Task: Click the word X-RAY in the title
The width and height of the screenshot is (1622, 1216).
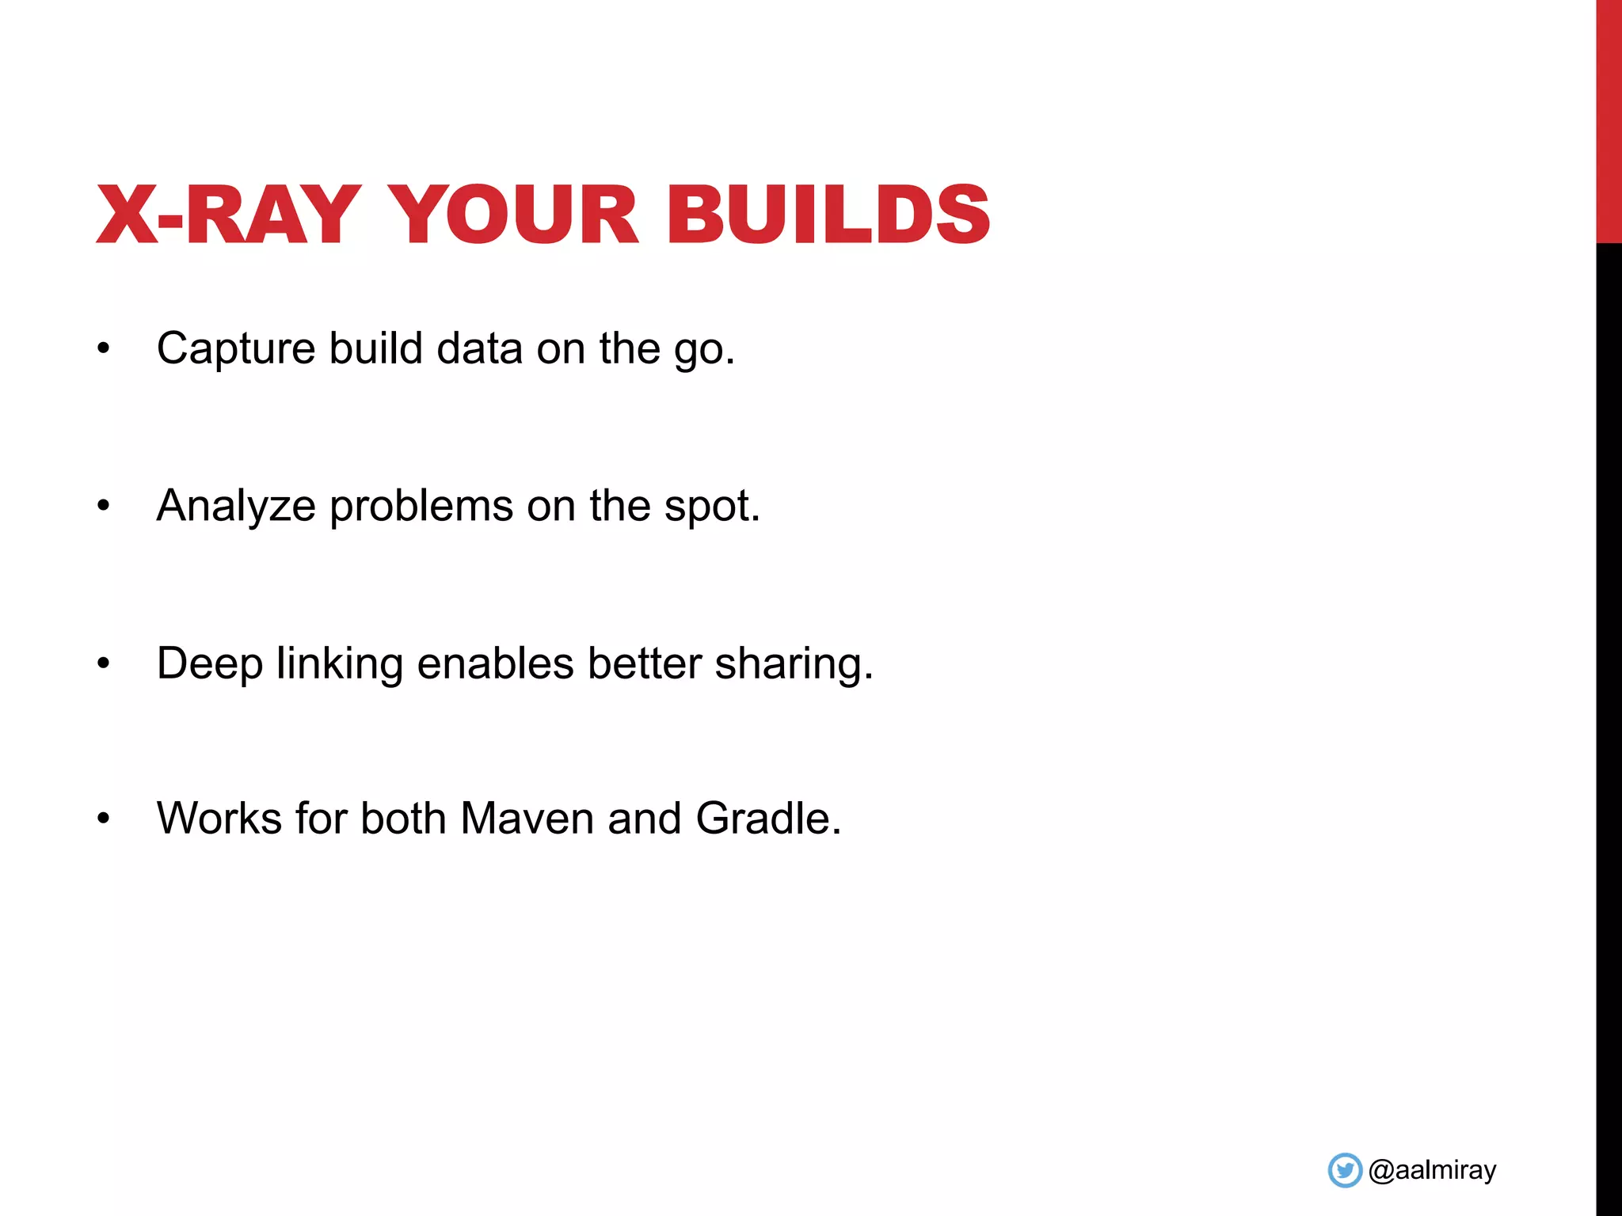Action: (x=228, y=215)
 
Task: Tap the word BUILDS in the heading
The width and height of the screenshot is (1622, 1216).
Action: (x=828, y=215)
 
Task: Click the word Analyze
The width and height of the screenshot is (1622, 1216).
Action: (x=236, y=507)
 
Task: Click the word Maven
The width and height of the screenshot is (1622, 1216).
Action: (x=527, y=819)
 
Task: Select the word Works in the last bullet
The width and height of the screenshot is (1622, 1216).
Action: (x=219, y=819)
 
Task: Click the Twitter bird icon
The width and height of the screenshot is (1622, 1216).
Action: (x=1344, y=1170)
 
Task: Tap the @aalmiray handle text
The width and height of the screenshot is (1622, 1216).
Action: (x=1432, y=1170)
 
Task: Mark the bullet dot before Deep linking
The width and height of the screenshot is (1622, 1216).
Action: (x=103, y=663)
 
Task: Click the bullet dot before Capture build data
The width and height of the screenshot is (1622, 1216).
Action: (x=103, y=348)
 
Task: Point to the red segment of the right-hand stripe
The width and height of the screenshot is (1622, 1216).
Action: (x=1609, y=119)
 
